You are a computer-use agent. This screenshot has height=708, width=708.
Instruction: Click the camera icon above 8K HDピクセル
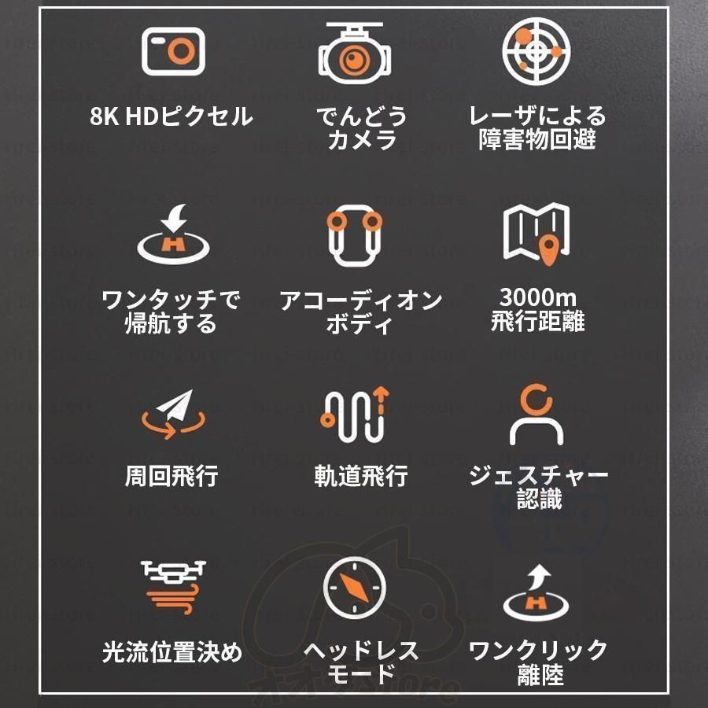click(173, 51)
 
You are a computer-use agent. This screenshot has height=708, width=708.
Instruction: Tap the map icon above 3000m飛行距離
click(537, 234)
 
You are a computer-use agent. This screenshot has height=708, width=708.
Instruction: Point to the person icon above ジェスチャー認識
click(537, 415)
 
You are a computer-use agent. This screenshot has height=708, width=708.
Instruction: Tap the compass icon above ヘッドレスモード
click(356, 588)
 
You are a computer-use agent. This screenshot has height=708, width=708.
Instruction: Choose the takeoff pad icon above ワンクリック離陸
click(537, 590)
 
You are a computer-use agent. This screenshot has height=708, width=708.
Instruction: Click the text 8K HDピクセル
click(171, 117)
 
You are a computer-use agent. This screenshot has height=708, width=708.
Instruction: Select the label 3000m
click(537, 299)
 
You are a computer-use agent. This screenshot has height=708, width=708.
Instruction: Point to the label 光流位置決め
click(172, 652)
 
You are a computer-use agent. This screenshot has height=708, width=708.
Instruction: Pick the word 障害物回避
click(537, 140)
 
